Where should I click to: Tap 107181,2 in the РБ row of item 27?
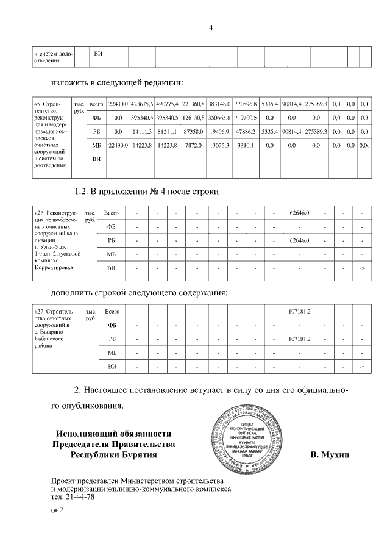pos(299,339)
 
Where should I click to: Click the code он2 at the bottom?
pos(57,512)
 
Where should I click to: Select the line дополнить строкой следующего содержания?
pos(139,292)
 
